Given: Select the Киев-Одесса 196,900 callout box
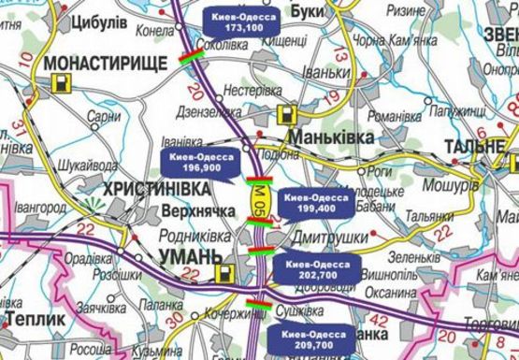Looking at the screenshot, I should tap(203, 163).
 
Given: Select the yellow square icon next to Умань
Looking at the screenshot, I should tap(223, 274).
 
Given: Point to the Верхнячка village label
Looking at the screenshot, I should tap(171, 214).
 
